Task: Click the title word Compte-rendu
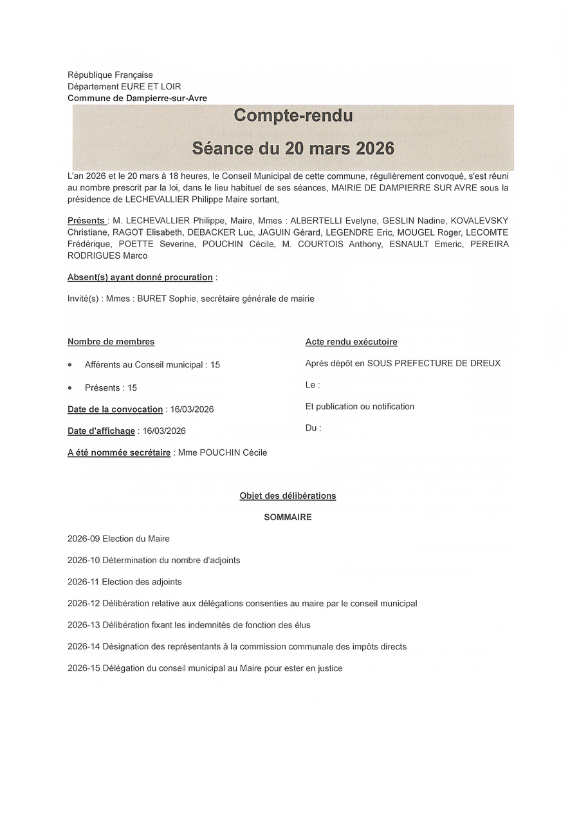[x=293, y=115]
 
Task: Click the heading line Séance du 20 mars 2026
[x=293, y=148]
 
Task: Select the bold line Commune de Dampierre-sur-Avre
[x=137, y=98]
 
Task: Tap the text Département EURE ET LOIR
[x=124, y=86]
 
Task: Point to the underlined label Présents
[x=86, y=220]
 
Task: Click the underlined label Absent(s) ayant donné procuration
[x=140, y=277]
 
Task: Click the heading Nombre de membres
[x=111, y=342]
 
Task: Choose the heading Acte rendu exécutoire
[x=351, y=342]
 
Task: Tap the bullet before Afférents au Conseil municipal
[x=70, y=364]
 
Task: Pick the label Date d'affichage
[x=101, y=431]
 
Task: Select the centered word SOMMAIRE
[x=288, y=517]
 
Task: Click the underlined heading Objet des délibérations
[x=288, y=496]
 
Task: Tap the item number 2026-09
[x=84, y=539]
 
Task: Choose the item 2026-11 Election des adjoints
[x=125, y=582]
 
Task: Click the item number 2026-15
[x=84, y=668]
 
